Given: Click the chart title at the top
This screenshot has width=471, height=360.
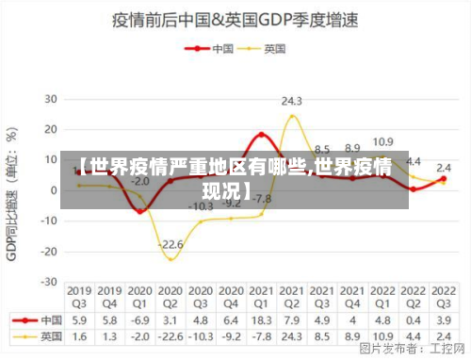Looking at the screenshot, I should [x=239, y=19].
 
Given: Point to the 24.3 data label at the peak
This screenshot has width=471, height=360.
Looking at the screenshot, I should [x=292, y=101].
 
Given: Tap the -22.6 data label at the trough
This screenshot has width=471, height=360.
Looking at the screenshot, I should [x=171, y=245].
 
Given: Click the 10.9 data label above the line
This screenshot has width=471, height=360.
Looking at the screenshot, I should [x=382, y=142].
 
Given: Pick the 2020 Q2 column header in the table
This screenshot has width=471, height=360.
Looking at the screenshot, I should [x=171, y=296].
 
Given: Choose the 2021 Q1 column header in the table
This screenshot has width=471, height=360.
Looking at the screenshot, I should [x=261, y=296].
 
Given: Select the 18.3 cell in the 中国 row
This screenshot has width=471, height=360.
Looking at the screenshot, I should [x=261, y=319].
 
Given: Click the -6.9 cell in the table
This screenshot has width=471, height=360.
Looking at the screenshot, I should [x=139, y=319].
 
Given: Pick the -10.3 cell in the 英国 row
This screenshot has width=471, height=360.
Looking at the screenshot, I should [x=201, y=335].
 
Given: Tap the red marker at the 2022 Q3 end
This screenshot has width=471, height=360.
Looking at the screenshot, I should [x=443, y=179].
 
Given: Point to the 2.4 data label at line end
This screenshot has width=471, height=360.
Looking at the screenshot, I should [x=443, y=168].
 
